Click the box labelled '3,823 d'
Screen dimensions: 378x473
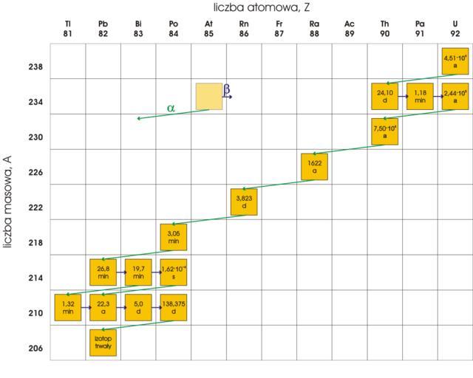pyautogui.click(x=244, y=202)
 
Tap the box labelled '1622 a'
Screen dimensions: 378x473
pyautogui.click(x=314, y=167)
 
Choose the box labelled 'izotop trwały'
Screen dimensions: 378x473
pyautogui.click(x=103, y=343)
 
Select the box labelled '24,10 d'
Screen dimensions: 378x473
pyautogui.click(x=384, y=96)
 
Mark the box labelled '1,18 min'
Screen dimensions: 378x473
pyautogui.click(x=420, y=96)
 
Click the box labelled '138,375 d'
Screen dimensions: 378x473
pyautogui.click(x=174, y=307)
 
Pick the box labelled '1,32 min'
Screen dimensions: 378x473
pyautogui.click(x=68, y=307)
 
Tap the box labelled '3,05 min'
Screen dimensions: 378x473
pyautogui.click(x=174, y=237)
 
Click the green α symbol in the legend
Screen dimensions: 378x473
pyautogui.click(x=171, y=108)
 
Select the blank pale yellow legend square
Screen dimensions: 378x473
pyautogui.click(x=208, y=96)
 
